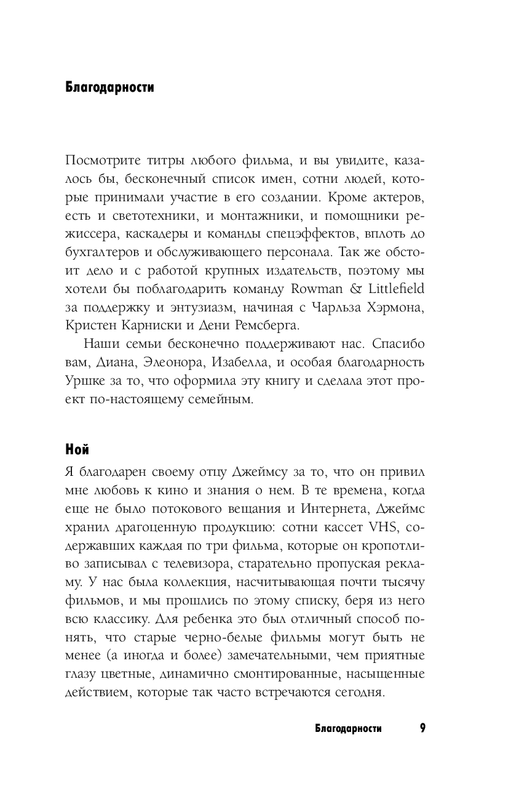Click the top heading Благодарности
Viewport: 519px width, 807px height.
click(109, 87)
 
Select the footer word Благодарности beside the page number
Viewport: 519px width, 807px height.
click(348, 729)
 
